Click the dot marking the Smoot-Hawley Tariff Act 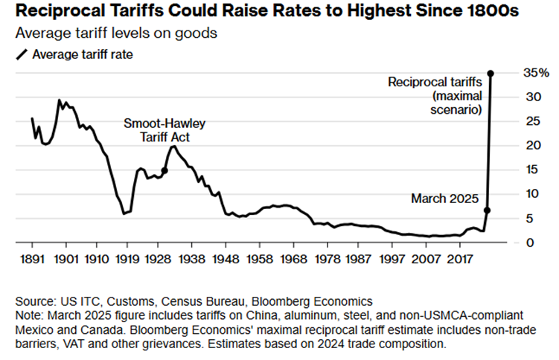(164, 170)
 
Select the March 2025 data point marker (487, 210)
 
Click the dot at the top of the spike (491, 73)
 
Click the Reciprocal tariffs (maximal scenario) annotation (436, 95)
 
